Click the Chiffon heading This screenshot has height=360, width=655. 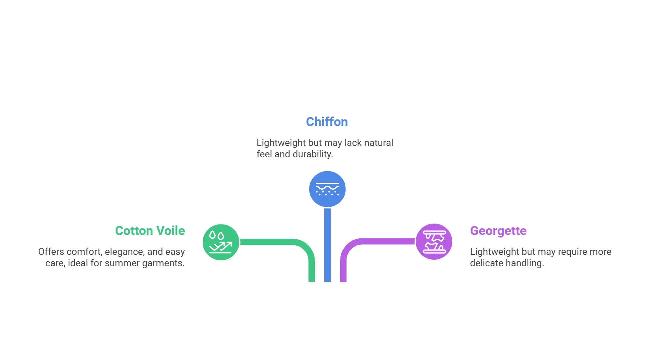[327, 122]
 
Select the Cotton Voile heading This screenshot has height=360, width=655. [150, 231]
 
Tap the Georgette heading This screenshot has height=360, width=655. [498, 231]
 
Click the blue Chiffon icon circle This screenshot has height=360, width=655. [327, 189]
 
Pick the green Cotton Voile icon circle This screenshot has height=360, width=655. [221, 242]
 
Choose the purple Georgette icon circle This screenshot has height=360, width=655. [434, 242]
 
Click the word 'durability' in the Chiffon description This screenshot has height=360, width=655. [312, 154]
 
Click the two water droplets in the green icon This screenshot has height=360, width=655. [217, 235]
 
